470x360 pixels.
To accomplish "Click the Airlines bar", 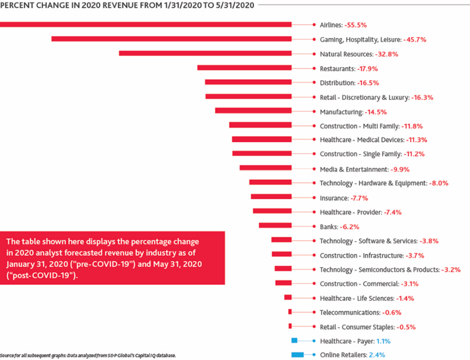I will [x=146, y=24].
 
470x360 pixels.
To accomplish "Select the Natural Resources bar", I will [x=205, y=53].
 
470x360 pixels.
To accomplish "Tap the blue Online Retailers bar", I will [x=298, y=354].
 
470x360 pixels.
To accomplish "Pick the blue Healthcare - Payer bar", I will [x=295, y=340].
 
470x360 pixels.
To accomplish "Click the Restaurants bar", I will [x=244, y=68].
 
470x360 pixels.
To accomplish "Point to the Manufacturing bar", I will [x=253, y=111].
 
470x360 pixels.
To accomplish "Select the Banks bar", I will [x=275, y=225].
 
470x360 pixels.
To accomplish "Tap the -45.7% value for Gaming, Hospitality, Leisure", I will [x=415, y=39].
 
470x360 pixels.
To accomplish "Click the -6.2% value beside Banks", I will [x=349, y=227].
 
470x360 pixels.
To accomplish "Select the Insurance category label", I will [x=334, y=198].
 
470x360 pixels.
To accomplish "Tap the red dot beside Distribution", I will [x=314, y=83].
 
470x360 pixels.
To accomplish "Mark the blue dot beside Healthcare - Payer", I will [x=314, y=341].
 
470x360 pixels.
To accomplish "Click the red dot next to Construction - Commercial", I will [x=314, y=283].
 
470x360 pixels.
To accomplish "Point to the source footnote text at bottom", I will [x=88, y=355].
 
